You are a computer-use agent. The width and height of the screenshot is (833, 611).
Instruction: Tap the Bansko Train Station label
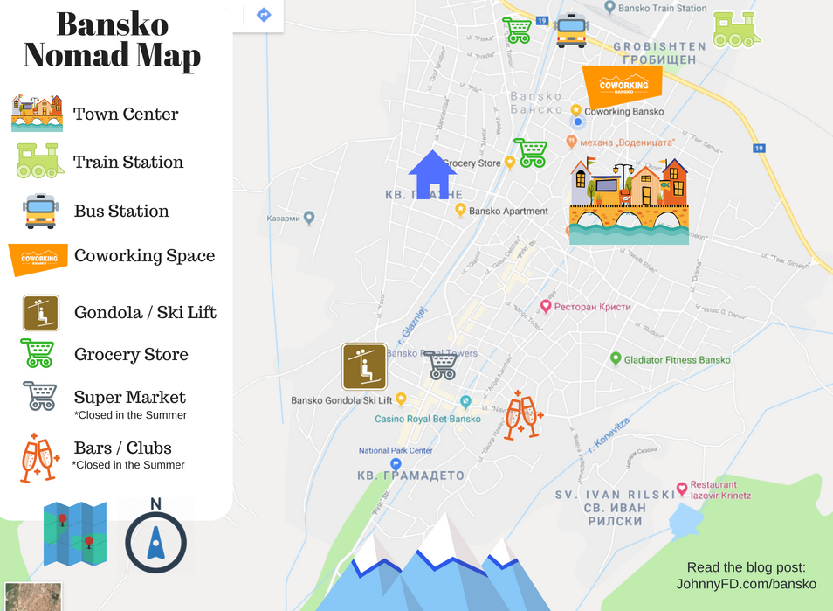tap(661, 8)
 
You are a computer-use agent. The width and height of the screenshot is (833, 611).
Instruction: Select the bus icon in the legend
tap(40, 211)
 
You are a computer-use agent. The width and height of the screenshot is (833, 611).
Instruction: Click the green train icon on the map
tap(736, 29)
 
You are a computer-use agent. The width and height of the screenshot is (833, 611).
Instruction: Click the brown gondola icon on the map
tap(364, 366)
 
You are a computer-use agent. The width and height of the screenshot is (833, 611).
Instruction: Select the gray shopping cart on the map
tap(442, 365)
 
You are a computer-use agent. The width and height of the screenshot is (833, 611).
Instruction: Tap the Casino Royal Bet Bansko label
tap(428, 419)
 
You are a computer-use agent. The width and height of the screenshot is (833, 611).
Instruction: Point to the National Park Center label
tap(396, 451)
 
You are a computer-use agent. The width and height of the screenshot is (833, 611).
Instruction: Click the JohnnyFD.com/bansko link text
tap(747, 584)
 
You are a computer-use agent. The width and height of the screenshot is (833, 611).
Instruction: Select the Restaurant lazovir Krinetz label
tap(720, 489)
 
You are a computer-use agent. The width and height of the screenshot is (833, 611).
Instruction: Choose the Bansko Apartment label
tap(508, 211)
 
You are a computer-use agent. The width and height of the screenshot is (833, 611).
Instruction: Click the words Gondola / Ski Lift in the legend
tap(145, 312)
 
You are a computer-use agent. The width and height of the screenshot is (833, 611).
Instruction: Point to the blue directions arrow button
tap(264, 15)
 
